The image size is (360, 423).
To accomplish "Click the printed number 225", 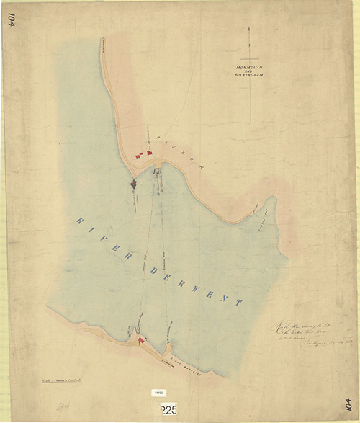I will click(168, 409).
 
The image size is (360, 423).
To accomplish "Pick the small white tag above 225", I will click(158, 393).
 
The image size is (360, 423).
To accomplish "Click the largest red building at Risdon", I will click(150, 152).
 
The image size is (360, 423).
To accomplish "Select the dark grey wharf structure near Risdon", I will click(133, 184).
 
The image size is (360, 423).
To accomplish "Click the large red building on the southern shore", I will click(142, 339).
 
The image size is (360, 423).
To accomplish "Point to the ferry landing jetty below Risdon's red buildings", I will click(158, 172).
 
